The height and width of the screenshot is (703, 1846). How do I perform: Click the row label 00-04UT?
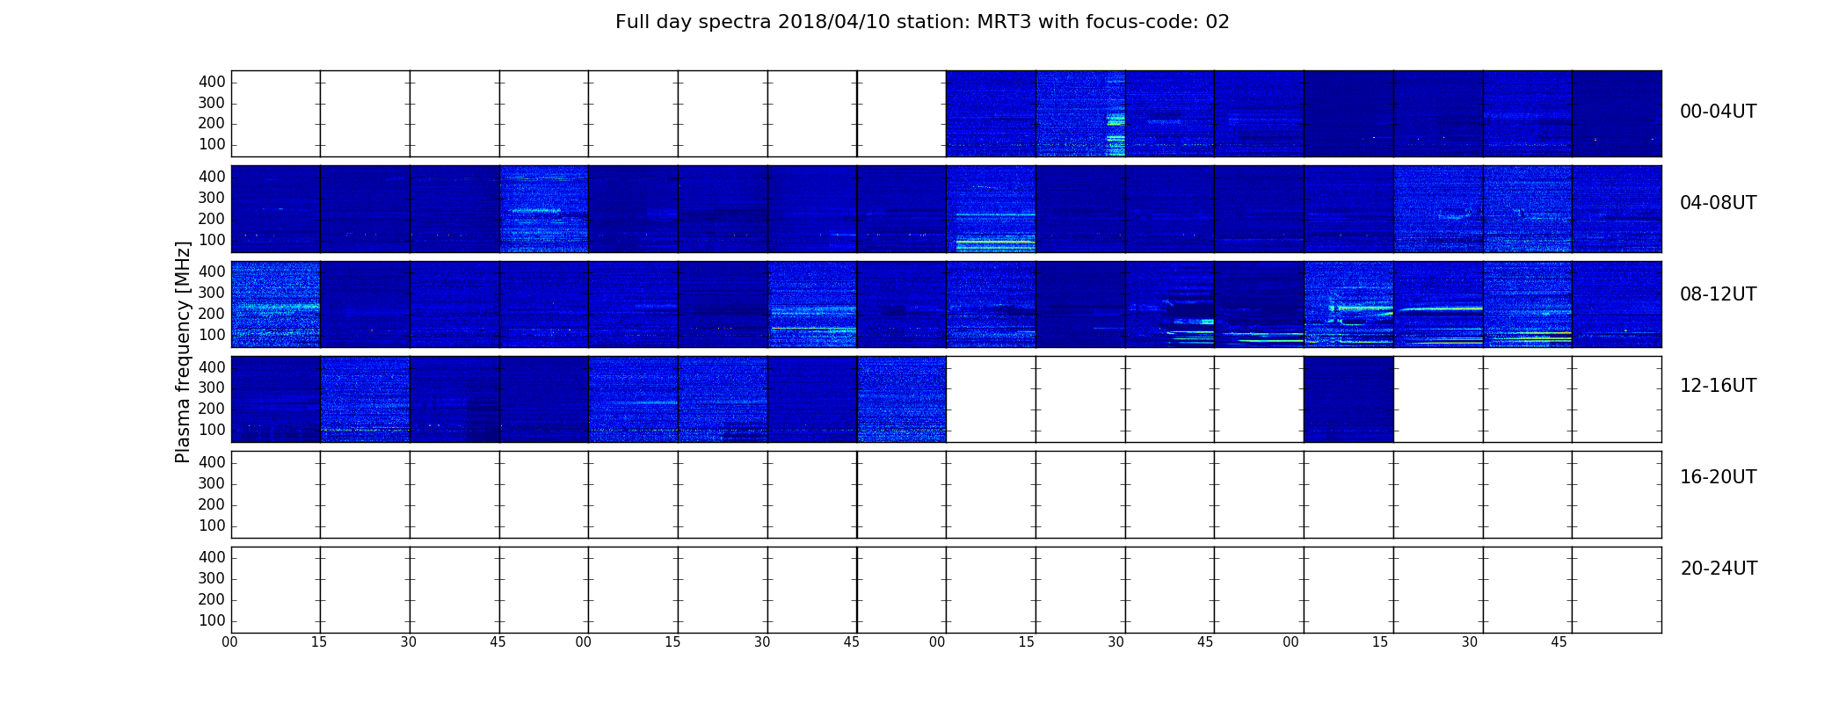tap(1718, 112)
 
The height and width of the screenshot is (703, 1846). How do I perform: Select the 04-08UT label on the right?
tap(1718, 203)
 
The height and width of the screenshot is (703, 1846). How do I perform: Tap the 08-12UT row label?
tap(1718, 294)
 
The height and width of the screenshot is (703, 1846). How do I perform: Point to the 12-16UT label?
tap(1718, 386)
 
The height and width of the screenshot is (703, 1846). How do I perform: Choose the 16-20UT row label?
tap(1718, 477)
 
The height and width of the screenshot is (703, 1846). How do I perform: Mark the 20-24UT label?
tap(1719, 569)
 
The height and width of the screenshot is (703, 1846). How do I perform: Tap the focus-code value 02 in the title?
tap(1217, 22)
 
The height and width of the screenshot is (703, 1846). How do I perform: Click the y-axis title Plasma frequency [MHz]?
tap(183, 351)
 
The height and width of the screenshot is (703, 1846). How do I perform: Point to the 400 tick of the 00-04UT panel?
tap(212, 82)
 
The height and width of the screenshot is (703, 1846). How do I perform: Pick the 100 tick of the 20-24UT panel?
tap(212, 620)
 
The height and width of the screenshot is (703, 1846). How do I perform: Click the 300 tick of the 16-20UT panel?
tap(212, 483)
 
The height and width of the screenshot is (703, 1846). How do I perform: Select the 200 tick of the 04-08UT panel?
tap(212, 219)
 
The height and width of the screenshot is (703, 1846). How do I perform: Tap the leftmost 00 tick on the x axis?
tap(229, 642)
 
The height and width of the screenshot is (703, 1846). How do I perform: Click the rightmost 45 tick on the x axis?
tap(1559, 642)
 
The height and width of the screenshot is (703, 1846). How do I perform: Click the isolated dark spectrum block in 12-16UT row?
tap(1348, 399)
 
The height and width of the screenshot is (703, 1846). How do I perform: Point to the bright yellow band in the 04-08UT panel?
tap(995, 241)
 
